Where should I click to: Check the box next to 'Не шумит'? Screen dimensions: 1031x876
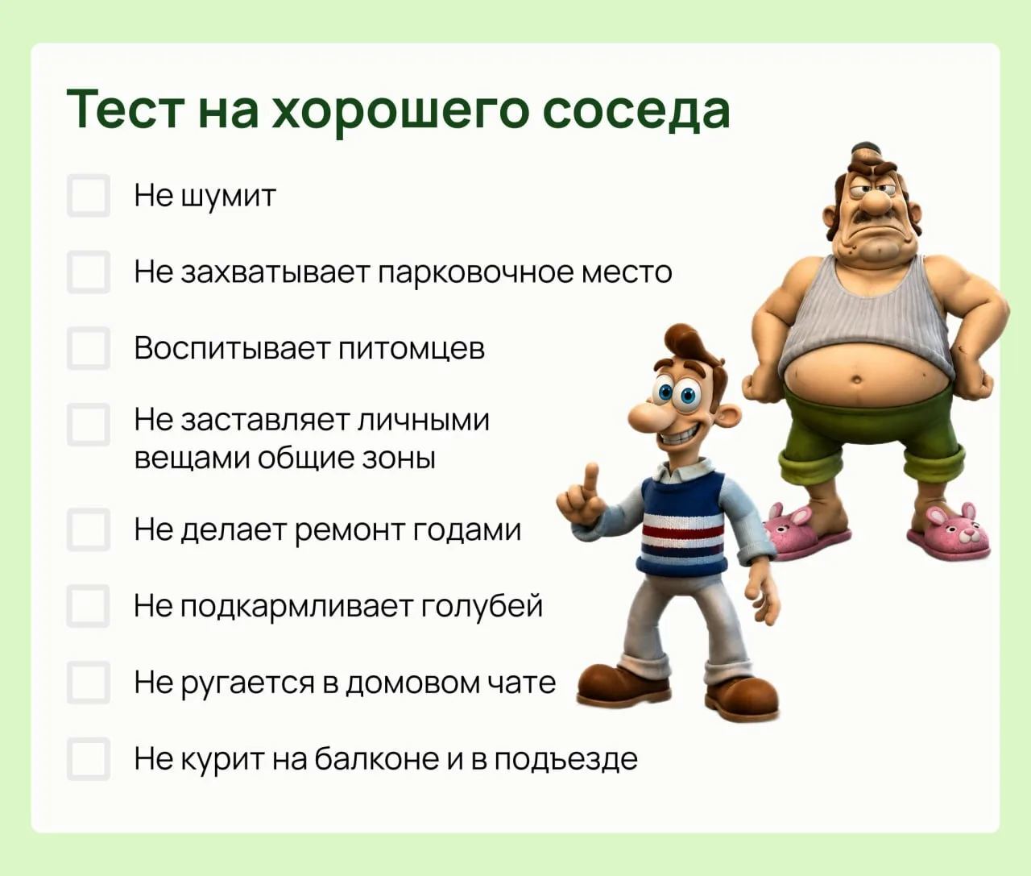(x=89, y=195)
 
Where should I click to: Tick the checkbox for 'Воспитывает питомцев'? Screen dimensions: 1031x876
(x=89, y=348)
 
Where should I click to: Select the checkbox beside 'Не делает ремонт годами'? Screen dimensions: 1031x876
(x=89, y=529)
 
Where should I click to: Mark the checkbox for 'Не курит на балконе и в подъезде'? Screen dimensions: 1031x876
(x=89, y=758)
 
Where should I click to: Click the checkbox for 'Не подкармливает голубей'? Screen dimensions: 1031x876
(x=89, y=606)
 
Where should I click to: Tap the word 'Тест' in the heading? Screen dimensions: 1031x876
(x=126, y=109)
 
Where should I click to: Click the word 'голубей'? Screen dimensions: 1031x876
(x=482, y=607)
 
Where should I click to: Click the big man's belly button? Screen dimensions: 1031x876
(x=856, y=380)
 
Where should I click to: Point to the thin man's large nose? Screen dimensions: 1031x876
(x=645, y=415)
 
